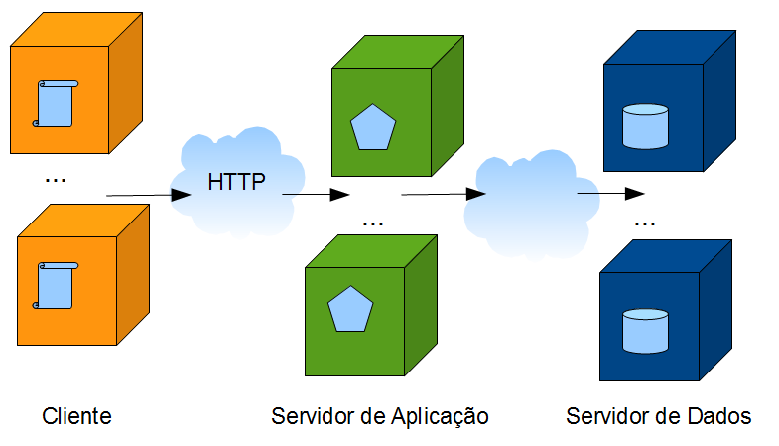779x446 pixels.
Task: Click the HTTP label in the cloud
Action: tap(236, 183)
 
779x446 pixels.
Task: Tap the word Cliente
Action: tap(76, 416)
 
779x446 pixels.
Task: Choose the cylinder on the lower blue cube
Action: tap(645, 330)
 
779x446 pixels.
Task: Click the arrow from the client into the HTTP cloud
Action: tap(149, 195)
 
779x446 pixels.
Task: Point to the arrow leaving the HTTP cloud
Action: tap(316, 195)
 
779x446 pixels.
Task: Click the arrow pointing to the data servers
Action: tap(610, 193)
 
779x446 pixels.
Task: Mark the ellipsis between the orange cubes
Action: tap(56, 180)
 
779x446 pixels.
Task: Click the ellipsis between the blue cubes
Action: tap(645, 223)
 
